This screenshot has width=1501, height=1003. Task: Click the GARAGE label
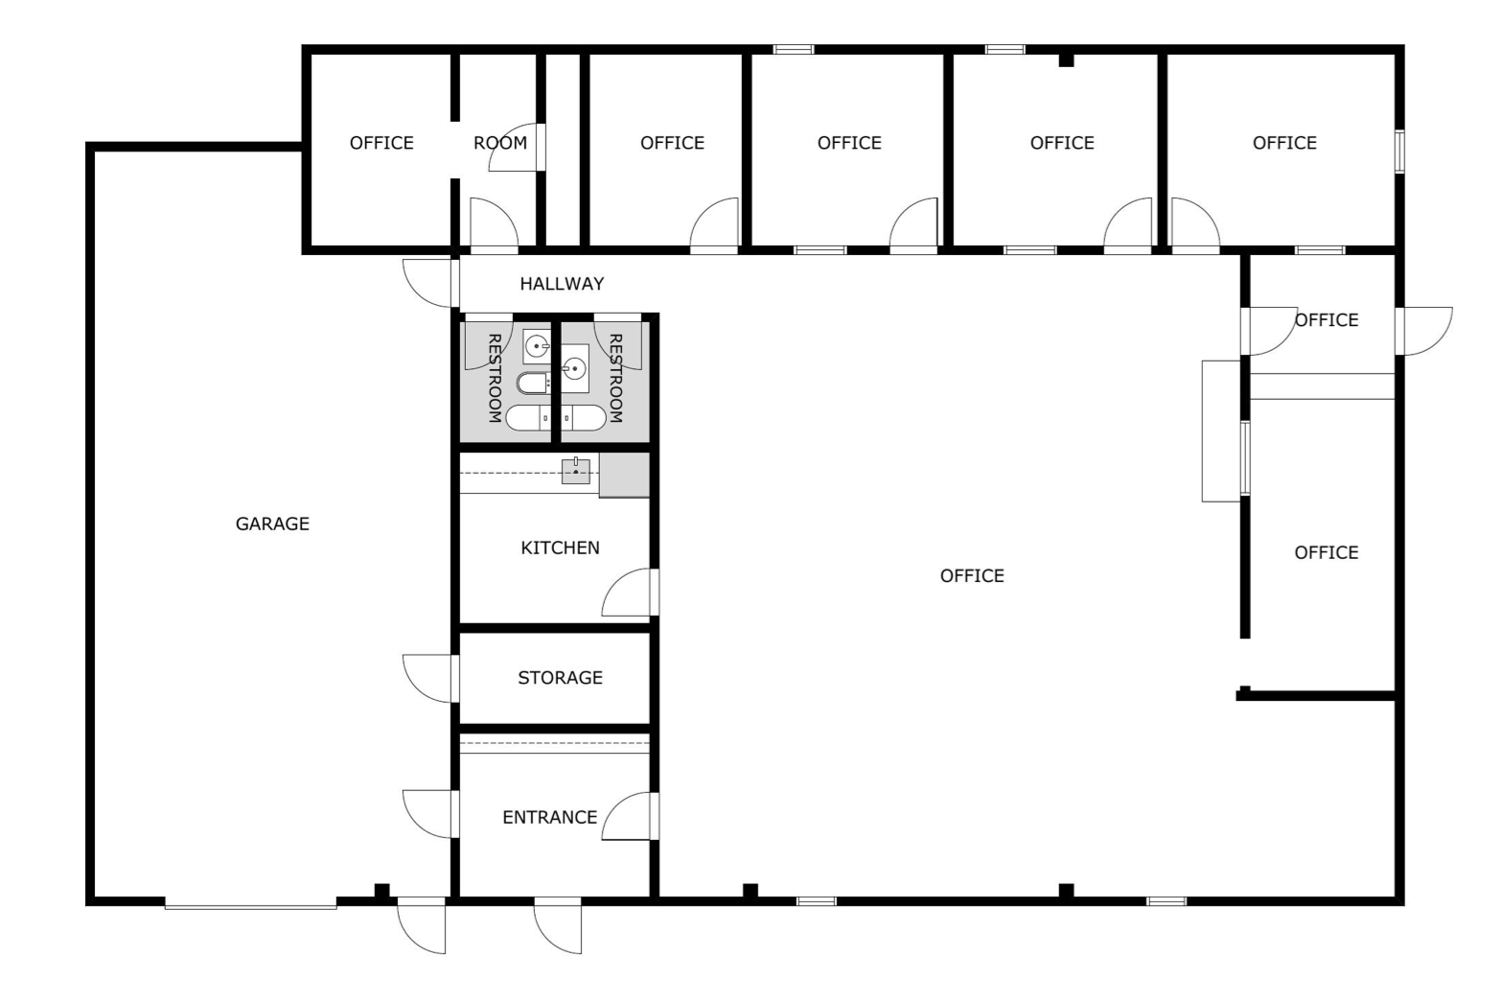(x=272, y=524)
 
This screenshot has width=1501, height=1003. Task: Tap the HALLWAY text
(x=562, y=284)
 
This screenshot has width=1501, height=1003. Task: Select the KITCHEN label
(x=560, y=548)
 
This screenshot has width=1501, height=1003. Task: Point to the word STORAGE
(x=560, y=678)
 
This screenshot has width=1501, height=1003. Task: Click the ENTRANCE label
(x=549, y=817)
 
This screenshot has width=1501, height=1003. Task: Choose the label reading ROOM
(x=500, y=143)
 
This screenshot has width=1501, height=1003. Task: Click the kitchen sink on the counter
(x=576, y=471)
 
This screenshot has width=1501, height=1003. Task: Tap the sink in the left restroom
(x=536, y=346)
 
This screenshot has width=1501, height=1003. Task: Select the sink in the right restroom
(x=574, y=368)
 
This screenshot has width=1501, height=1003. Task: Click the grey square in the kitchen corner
(x=625, y=476)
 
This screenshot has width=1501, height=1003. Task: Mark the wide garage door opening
(x=250, y=904)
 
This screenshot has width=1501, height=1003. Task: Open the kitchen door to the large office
(x=630, y=592)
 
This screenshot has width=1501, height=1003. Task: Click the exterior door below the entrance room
(x=558, y=925)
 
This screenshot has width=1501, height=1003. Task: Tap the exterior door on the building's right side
(x=1424, y=331)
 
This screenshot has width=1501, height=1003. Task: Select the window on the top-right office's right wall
(x=1399, y=152)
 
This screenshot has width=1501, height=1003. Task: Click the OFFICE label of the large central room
(x=972, y=576)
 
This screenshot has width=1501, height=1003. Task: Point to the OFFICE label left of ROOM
(x=381, y=143)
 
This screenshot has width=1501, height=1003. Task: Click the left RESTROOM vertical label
(x=495, y=378)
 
